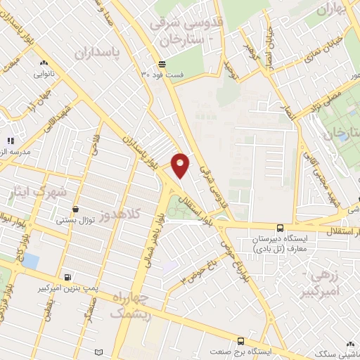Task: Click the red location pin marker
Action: (181, 164)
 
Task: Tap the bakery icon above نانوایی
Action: (44, 63)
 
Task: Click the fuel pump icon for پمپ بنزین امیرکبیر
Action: (67, 277)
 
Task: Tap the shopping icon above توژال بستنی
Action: (75, 209)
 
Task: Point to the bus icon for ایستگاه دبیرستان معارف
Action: (280, 227)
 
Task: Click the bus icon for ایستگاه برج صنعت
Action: (240, 340)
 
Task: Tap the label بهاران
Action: (337, 11)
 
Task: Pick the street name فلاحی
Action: (94, 148)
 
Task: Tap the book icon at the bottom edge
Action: (98, 352)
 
